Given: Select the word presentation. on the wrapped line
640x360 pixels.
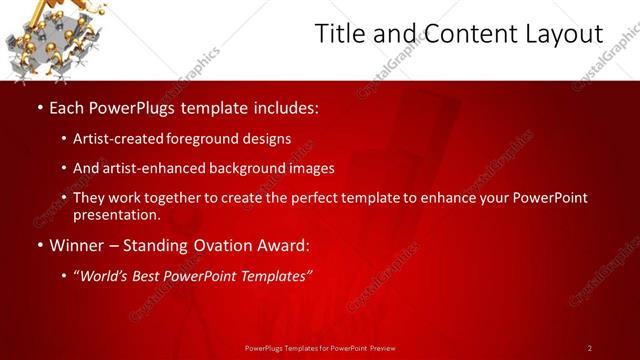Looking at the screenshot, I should pyautogui.click(x=116, y=214).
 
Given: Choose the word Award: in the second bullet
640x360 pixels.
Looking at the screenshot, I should pyautogui.click(x=278, y=244).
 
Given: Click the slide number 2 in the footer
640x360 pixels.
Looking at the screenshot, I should pyautogui.click(x=590, y=348).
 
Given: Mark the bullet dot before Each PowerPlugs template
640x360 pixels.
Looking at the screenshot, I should pyautogui.click(x=39, y=106).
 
